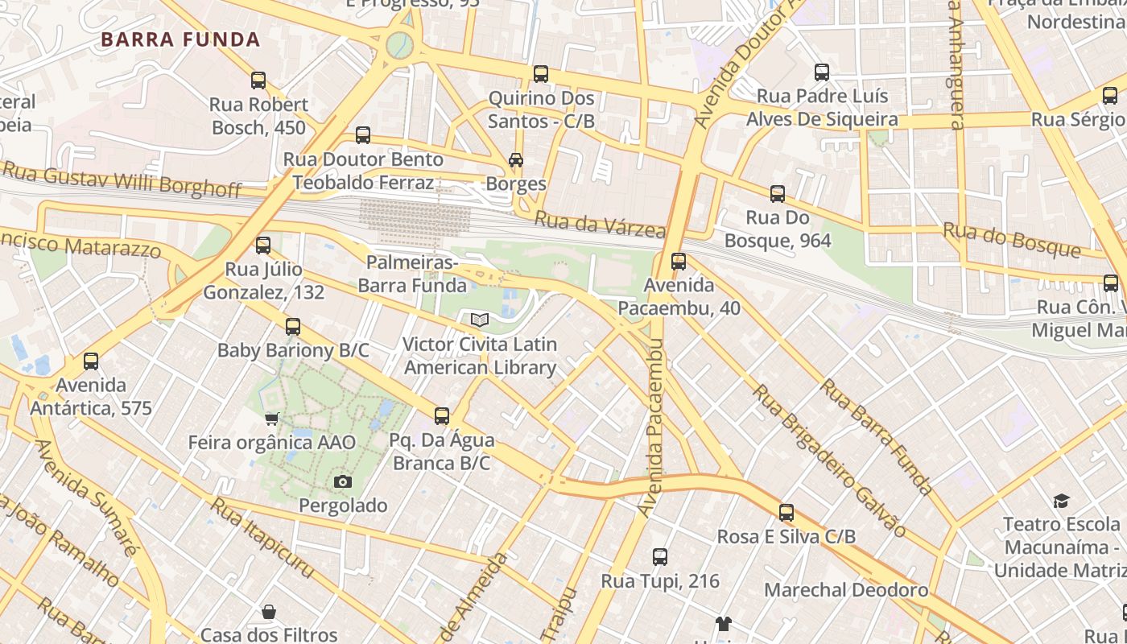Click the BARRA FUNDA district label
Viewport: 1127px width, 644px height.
180,39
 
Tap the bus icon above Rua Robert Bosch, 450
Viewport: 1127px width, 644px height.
258,80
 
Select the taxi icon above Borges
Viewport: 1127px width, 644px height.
516,160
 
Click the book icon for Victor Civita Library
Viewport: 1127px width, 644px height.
480,320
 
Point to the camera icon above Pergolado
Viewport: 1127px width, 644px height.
343,481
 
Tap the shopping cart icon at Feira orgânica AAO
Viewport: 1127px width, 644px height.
271,419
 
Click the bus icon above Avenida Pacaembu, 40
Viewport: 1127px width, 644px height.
679,262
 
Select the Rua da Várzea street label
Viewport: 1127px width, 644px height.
601,225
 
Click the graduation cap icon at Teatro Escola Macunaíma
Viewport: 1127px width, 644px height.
1061,501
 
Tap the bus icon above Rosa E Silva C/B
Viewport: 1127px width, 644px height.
786,513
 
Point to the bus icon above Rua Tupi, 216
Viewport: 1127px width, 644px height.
660,557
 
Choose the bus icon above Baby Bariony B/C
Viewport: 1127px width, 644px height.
293,327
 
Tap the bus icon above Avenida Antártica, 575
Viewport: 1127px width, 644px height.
91,361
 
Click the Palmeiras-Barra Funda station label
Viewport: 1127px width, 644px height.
412,275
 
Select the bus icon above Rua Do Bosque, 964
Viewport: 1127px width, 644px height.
778,194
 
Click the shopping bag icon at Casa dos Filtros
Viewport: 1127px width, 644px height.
269,613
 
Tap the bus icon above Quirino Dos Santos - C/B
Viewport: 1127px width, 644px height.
541,74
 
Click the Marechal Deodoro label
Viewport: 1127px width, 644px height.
846,590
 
